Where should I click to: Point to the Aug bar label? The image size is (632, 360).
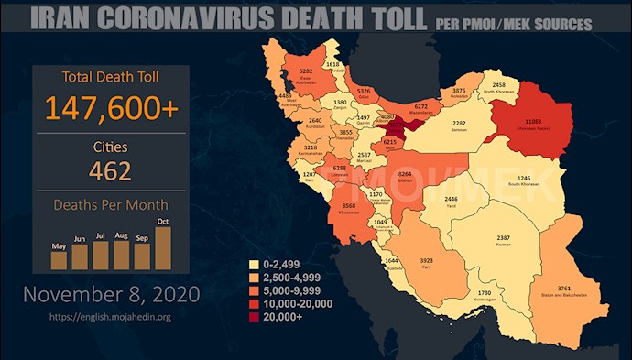click(122, 236)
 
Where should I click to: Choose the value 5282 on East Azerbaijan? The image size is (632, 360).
click(308, 71)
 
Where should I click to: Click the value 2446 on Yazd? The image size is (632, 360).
click(451, 199)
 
